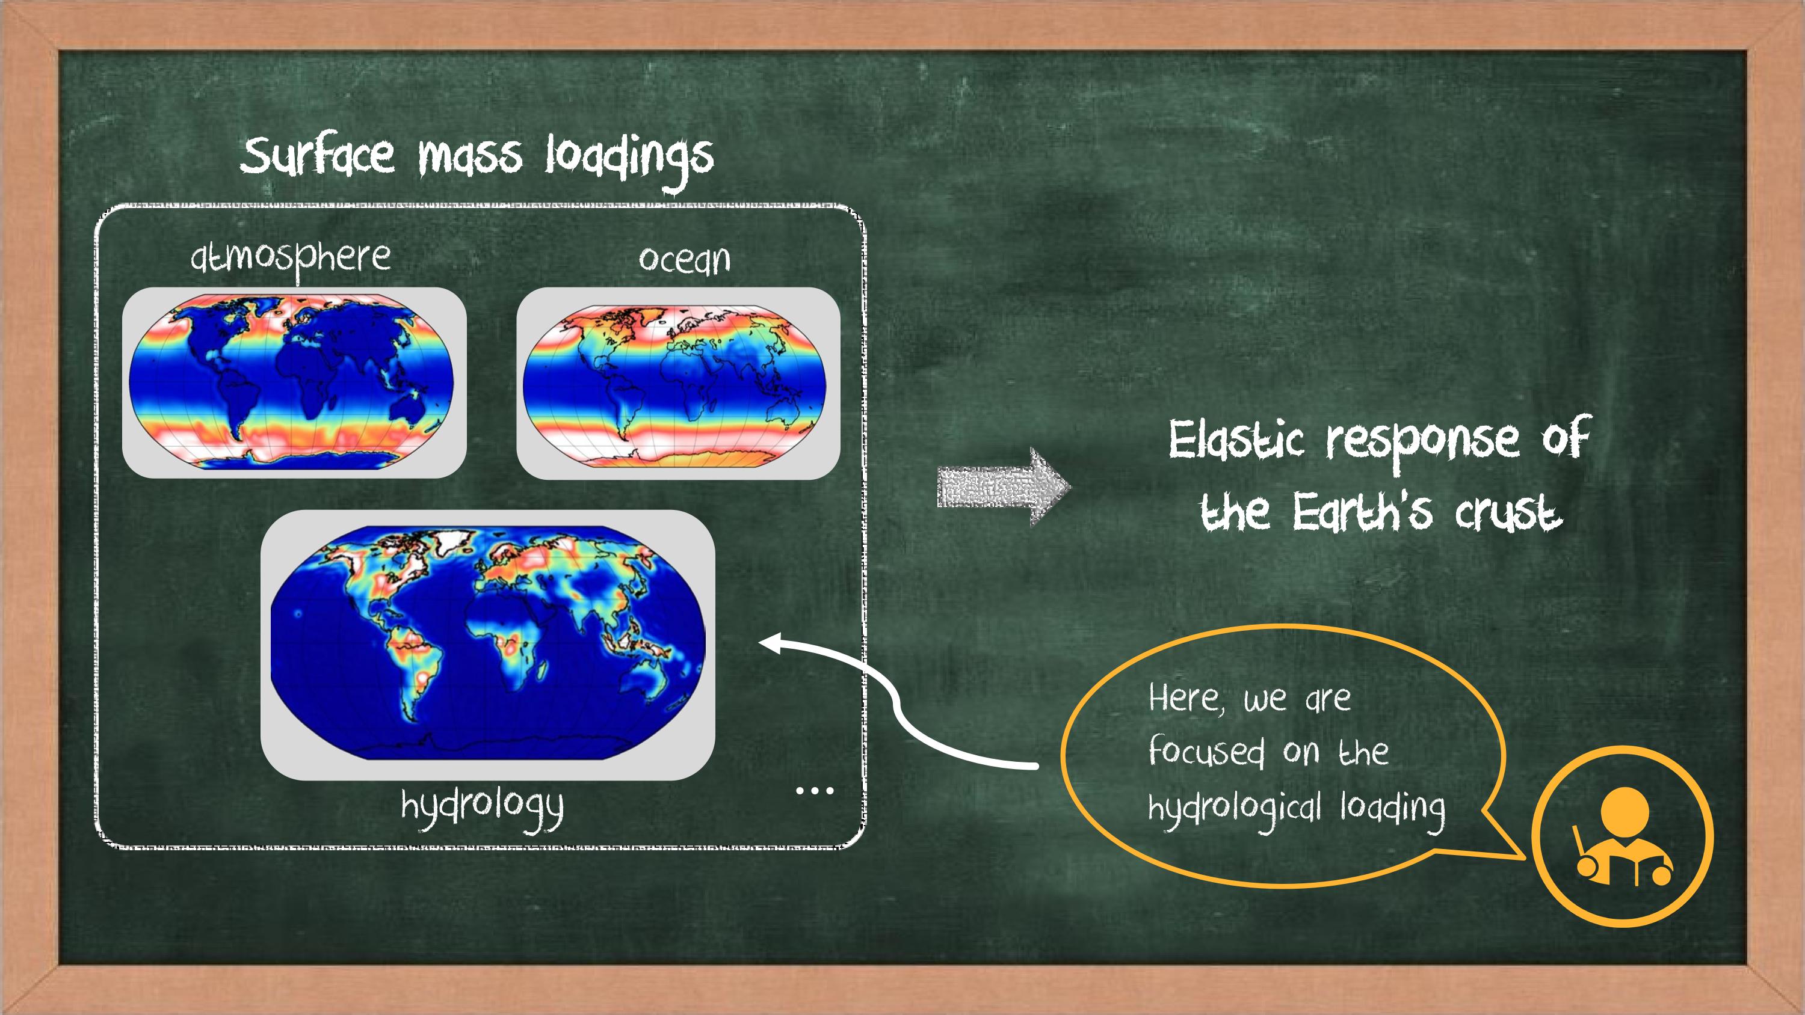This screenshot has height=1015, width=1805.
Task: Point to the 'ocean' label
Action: (685, 260)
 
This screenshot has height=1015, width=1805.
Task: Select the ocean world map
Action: (675, 385)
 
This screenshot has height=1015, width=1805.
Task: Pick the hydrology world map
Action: (488, 642)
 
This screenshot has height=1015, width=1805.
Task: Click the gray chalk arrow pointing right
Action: (1004, 486)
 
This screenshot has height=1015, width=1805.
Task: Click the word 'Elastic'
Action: (1235, 441)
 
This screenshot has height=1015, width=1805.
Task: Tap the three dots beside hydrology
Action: (814, 791)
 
